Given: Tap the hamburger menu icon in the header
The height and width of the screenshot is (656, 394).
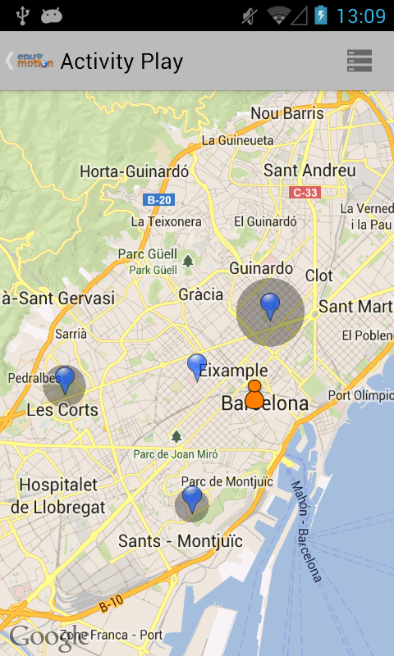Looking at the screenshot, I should click(360, 61).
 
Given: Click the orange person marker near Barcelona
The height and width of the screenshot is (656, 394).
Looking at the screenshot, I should click(254, 395).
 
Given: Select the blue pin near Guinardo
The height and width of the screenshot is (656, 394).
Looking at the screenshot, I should click(270, 307).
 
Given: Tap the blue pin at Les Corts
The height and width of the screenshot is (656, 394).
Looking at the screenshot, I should click(65, 380).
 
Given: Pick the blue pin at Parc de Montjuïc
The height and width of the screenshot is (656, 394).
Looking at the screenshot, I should click(192, 499).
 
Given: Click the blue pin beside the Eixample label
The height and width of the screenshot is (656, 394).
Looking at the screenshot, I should click(197, 366).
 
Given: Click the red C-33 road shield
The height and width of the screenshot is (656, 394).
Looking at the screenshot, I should click(305, 193).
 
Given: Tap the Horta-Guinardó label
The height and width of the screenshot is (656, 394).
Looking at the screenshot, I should click(135, 171).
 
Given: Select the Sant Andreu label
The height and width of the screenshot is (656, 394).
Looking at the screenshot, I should click(309, 171).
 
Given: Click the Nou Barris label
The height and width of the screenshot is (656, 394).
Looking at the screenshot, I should click(287, 113).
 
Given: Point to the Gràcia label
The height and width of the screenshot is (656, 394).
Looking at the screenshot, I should click(201, 294).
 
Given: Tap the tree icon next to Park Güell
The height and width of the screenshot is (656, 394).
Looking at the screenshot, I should click(188, 261).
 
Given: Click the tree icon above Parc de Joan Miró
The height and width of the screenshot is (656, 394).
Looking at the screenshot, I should click(176, 436).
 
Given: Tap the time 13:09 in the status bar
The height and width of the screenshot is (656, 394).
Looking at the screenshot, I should click(360, 16).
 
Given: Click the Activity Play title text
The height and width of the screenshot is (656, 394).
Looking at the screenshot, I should click(121, 61).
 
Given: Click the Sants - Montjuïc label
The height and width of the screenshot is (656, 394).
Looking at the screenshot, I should click(181, 541).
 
